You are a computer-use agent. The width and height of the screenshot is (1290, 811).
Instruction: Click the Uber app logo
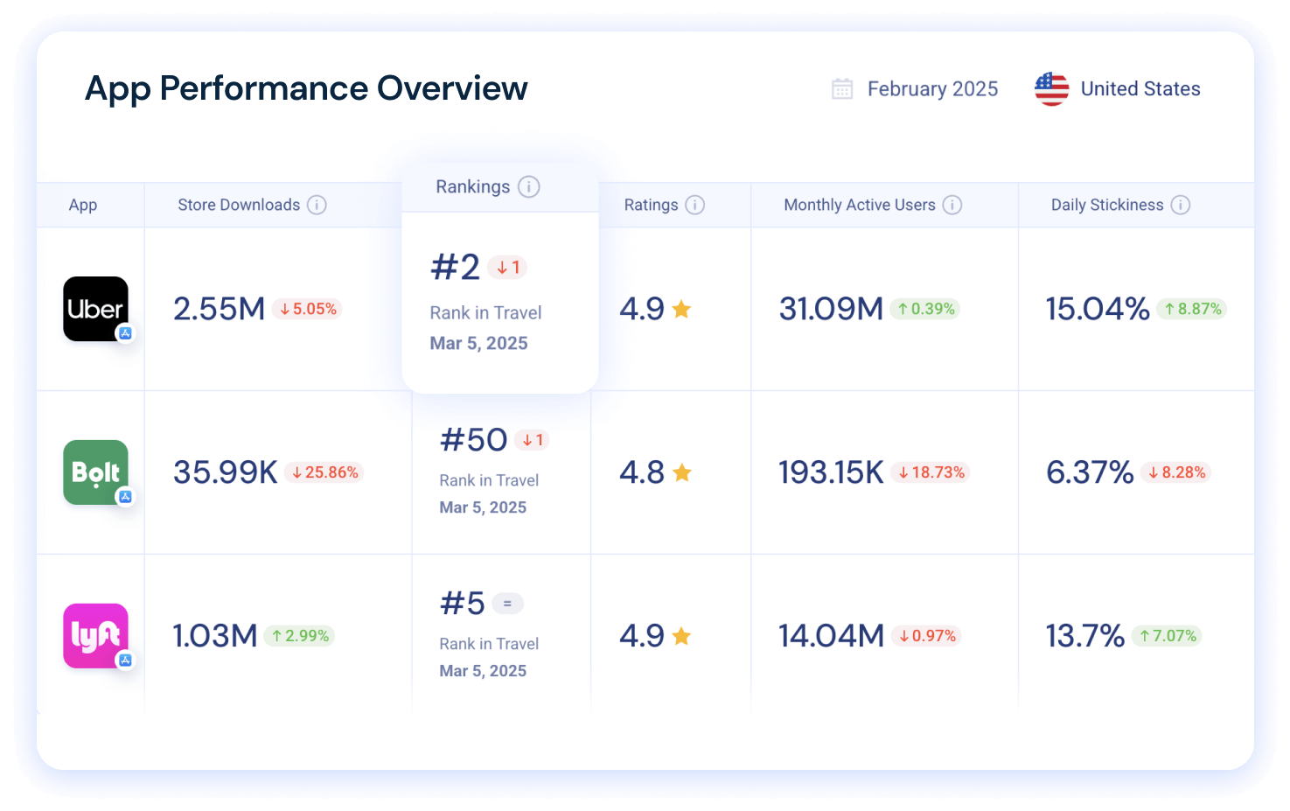pos(95,309)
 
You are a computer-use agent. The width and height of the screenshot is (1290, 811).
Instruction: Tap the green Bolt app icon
pos(95,472)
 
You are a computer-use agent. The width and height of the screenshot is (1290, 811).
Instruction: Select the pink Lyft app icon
pos(95,635)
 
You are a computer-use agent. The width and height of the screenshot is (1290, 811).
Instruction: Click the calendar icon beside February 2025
pos(841,89)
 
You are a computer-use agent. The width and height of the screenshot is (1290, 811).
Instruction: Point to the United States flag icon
pos(1051,89)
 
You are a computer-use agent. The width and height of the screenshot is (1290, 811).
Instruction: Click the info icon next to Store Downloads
pos(317,205)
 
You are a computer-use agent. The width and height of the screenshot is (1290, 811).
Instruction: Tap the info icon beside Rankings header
pos(528,186)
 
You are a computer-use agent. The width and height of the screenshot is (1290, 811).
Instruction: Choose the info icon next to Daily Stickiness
pos(1180,205)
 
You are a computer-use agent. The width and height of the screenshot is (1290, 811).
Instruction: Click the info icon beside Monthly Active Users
pos(952,205)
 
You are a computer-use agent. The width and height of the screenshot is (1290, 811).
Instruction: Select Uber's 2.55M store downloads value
pos(219,309)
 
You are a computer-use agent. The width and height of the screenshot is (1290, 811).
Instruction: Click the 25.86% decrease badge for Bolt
pos(324,472)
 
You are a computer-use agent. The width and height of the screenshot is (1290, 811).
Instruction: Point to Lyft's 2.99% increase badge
pos(300,636)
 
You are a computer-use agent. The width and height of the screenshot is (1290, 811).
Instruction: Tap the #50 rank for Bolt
pos(473,440)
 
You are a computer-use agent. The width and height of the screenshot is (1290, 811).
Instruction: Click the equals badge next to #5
pos(507,604)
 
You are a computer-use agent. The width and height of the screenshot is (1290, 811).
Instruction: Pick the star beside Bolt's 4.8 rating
pos(682,473)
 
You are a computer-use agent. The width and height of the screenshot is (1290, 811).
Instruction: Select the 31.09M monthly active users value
pos(831,309)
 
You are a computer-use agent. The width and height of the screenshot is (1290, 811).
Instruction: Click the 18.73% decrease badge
pos(931,472)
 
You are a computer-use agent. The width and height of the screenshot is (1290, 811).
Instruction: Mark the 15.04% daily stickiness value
pos(1098,309)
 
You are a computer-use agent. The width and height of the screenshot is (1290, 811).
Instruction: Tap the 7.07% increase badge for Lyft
pos(1167,636)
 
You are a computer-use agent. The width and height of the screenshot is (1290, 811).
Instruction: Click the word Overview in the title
pos(452,88)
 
